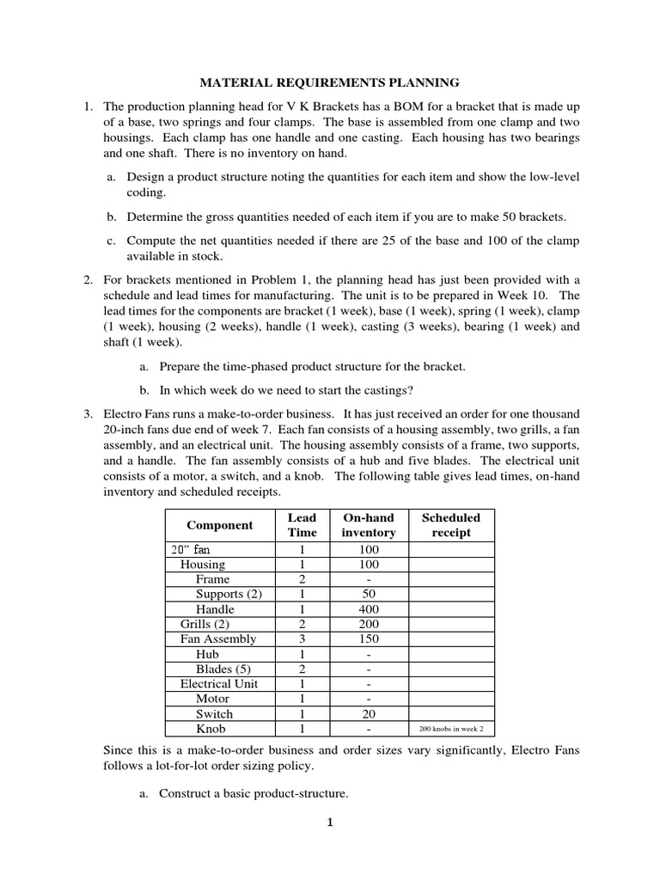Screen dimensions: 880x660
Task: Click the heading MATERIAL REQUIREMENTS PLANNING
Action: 330,82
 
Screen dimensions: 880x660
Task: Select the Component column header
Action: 220,525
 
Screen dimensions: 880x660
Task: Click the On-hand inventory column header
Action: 369,525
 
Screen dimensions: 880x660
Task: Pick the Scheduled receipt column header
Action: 452,525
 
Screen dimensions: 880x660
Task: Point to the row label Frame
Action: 212,579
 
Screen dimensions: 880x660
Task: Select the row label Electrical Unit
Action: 218,684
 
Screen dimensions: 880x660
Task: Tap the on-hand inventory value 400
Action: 369,609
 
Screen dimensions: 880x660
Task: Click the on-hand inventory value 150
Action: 369,639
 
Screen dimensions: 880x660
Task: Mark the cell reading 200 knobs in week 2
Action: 452,729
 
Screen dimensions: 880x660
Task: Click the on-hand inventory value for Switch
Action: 369,714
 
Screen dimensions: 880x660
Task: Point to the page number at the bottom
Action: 329,822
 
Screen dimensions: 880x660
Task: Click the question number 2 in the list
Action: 88,280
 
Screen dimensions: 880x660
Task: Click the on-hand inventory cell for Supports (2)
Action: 369,595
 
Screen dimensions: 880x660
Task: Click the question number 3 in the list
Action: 88,414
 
